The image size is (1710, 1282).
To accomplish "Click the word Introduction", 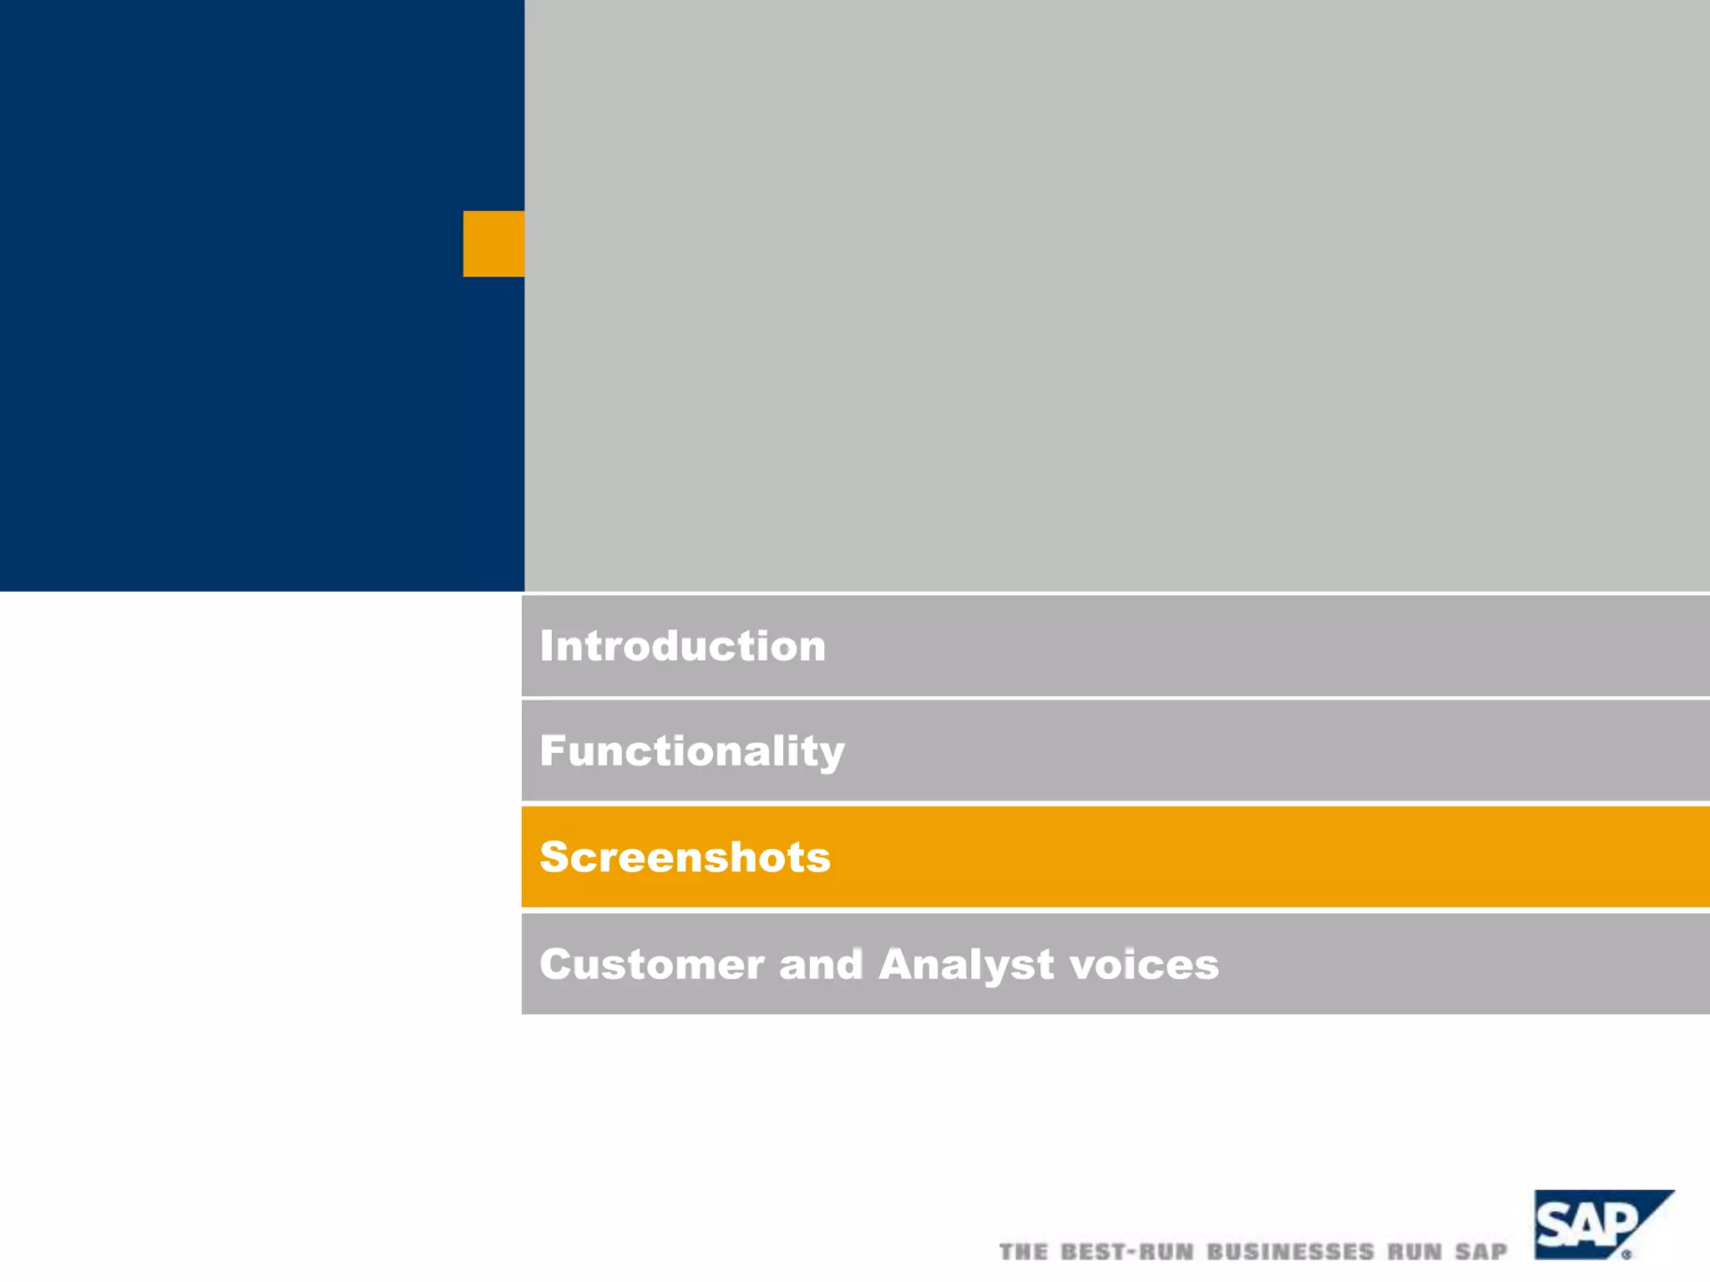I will point(682,646).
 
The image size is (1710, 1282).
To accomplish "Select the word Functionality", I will point(691,751).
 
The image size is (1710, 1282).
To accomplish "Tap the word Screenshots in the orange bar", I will point(685,857).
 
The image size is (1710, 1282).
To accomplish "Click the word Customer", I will point(652,965).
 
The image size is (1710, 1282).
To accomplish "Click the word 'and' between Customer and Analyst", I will point(821,965).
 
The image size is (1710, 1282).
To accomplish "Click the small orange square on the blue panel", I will point(493,244).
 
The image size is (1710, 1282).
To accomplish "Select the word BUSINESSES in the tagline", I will point(1290,1252).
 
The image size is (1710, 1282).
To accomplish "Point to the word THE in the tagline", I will point(1023,1252).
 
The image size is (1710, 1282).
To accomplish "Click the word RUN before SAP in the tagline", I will point(1415,1252).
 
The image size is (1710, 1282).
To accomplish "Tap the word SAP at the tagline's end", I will point(1481,1252).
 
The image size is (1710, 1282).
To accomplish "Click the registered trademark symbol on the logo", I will point(1627,1254).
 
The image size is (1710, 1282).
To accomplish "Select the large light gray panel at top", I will point(1116,295).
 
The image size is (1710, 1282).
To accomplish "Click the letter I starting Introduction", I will point(546,646).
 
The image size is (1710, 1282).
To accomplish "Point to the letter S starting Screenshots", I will point(555,857).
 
